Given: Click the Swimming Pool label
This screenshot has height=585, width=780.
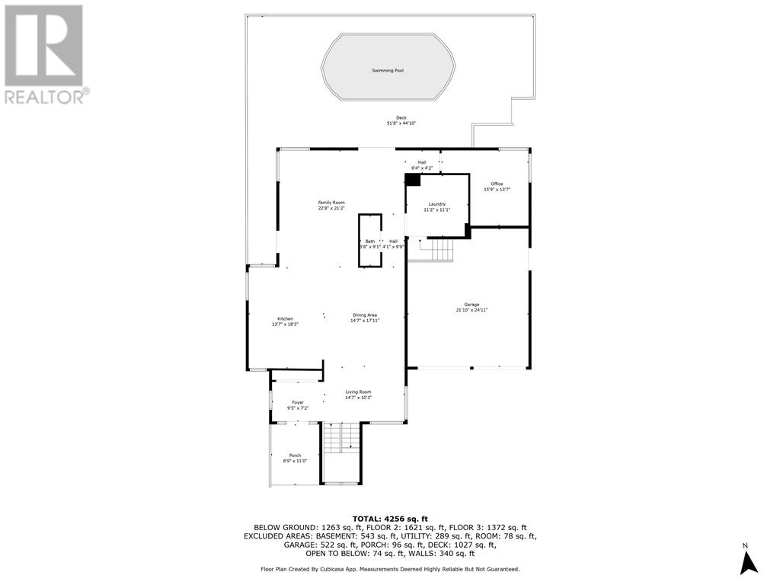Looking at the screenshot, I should [x=388, y=70].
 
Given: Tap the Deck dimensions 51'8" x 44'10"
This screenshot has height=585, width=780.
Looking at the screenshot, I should [x=401, y=123].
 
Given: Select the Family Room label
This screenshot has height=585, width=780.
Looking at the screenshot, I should [x=331, y=203].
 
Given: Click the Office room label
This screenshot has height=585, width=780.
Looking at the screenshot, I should [x=497, y=184].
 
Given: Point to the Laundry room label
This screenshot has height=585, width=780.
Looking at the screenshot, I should [x=436, y=204].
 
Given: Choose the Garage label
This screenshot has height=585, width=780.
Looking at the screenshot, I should [x=472, y=304].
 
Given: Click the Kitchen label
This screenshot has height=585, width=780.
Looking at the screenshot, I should [x=285, y=318].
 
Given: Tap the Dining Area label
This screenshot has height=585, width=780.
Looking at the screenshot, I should [x=364, y=315].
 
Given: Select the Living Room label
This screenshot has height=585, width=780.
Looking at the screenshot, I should [x=358, y=392].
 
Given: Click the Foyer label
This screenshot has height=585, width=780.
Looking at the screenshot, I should [x=298, y=402].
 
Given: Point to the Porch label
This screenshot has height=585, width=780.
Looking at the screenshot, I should [x=295, y=456].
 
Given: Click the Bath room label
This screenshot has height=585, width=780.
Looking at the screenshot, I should [x=370, y=241].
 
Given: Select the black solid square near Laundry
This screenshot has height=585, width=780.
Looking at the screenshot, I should [x=412, y=180].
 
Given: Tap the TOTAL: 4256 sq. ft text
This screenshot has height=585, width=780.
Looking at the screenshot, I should [x=389, y=518].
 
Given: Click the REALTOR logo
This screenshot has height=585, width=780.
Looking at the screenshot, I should [x=46, y=54].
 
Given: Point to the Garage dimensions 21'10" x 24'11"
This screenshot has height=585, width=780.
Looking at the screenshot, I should [x=472, y=310].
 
